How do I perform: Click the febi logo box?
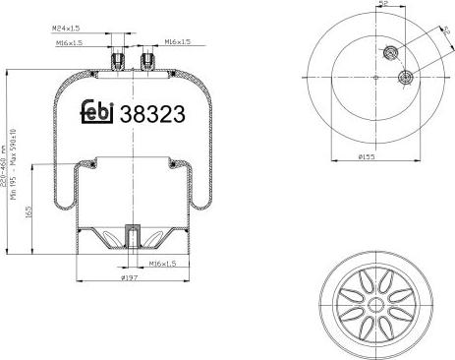coord(96,112)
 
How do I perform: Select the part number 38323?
coord(151,113)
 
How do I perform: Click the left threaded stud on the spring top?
coord(118,61)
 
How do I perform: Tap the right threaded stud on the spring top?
coord(148,61)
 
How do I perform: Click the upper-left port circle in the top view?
coord(391,53)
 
